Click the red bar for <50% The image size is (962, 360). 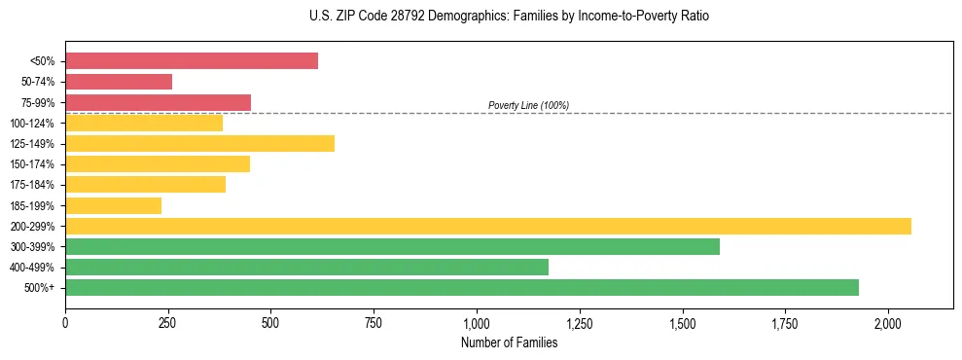pos(192,61)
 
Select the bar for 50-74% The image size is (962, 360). pos(119,82)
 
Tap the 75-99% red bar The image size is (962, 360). pos(158,102)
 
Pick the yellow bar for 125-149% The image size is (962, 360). pos(199,144)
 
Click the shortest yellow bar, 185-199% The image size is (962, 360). pos(113,205)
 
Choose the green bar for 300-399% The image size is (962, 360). pos(392,246)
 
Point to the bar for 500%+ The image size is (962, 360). pos(462,287)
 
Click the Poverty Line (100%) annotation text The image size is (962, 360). pos(528,105)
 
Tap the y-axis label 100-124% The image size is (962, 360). pos(32,124)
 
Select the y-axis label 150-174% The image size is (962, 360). pos(32,164)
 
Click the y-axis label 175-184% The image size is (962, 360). pos(32,185)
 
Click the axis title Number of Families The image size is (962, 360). pos(509,342)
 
